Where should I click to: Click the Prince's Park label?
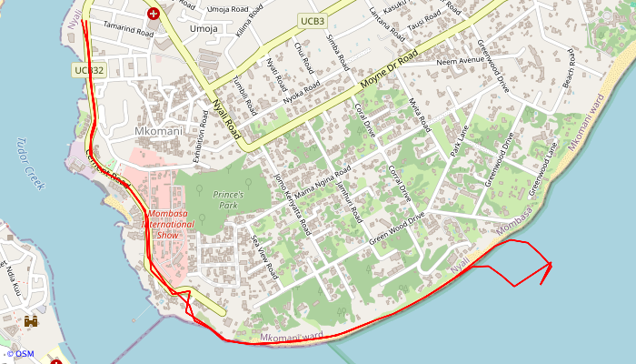[228, 195]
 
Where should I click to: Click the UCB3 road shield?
[312, 20]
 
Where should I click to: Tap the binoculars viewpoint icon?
[31, 321]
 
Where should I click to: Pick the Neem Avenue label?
[461, 62]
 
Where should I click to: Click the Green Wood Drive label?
[397, 229]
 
